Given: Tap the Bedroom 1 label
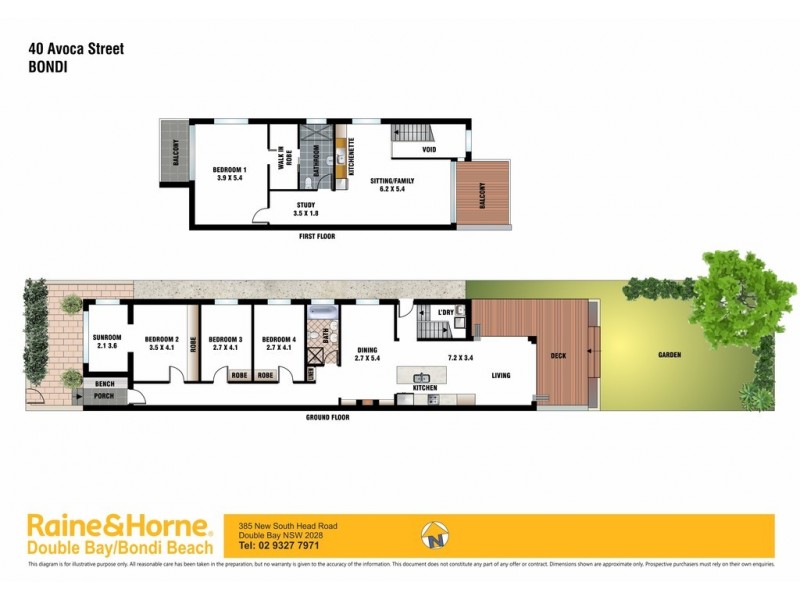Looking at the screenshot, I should point(230,172).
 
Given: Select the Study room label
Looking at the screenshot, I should point(305,205).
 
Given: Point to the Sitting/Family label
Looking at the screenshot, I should point(392,181).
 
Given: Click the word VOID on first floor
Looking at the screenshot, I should point(428,150).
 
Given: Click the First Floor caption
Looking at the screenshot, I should point(316,236).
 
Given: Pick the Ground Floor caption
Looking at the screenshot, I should point(327,416).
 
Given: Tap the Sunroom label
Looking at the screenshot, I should point(106,338).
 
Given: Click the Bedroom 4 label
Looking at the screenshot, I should point(278,340).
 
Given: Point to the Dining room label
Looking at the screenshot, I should point(367,350).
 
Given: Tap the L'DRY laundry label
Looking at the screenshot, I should point(447,313).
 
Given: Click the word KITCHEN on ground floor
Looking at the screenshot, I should point(427,387).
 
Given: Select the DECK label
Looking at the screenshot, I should point(558,354).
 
